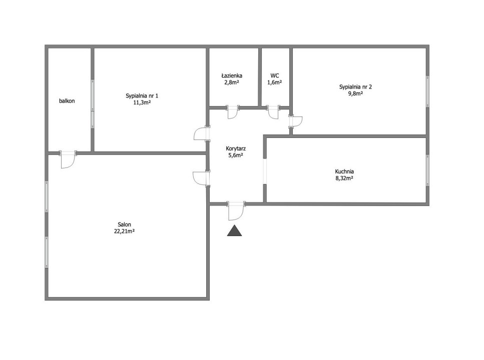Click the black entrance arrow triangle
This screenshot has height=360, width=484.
coord(235,230)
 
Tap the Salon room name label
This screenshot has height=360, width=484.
coord(125,224)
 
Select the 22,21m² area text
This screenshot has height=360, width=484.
coord(125,231)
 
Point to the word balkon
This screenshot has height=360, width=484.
coord(67,101)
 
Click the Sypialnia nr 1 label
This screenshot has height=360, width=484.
coord(142,95)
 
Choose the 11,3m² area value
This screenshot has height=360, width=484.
coord(142,102)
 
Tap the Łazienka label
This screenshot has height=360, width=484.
coord(232,75)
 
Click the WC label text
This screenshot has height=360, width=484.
coord(275,75)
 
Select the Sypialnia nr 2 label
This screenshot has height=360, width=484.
coord(355,86)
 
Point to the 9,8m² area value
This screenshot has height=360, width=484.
coord(355,93)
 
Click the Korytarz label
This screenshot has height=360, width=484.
coord(236,148)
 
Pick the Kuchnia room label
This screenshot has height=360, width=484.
coord(344,171)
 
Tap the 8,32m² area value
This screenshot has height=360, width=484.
coord(344,178)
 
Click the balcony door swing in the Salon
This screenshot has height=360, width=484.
coord(68,160)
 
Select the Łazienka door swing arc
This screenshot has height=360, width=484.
coord(232,113)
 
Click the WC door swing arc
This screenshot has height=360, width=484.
coord(273,113)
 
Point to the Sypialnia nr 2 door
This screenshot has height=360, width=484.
coord(296,121)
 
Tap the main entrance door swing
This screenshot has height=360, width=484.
coord(236,212)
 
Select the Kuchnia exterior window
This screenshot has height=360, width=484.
coord(427,170)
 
